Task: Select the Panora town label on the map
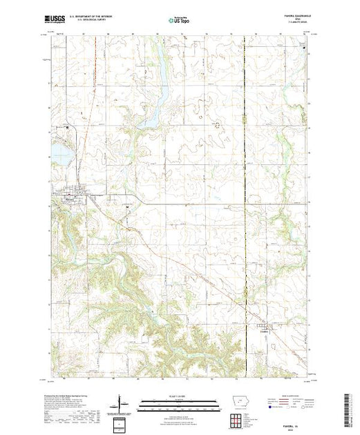[68, 200]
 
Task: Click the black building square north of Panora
[67, 128]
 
